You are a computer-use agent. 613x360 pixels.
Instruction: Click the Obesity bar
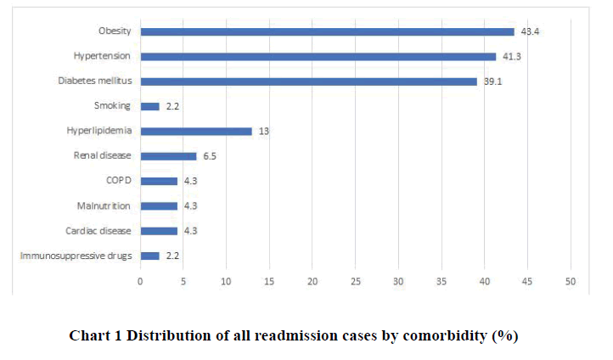pos(327,31)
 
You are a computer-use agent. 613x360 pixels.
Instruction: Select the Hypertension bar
pos(318,57)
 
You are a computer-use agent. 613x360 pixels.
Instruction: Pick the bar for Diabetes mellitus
pos(308,82)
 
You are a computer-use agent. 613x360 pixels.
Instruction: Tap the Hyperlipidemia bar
pos(196,131)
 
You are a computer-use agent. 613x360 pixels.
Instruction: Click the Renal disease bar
pos(168,156)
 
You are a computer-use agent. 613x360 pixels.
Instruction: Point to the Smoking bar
pos(149,106)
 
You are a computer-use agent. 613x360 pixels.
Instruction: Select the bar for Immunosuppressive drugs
pos(149,256)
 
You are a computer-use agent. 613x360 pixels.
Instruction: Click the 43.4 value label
pos(530,31)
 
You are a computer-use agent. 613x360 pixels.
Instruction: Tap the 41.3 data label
pos(512,57)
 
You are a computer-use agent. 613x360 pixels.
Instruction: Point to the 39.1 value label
pos(493,82)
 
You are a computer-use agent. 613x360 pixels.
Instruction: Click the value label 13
pos(263,131)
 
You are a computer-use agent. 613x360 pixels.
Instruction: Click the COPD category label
pos(113,181)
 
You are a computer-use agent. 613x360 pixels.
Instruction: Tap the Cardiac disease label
pos(98,231)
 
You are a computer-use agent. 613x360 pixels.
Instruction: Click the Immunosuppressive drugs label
pos(82,256)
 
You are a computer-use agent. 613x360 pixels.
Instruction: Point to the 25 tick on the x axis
pos(356,281)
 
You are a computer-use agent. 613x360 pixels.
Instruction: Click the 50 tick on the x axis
pos(571,281)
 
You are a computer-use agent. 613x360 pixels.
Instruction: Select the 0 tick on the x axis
pos(141,281)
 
